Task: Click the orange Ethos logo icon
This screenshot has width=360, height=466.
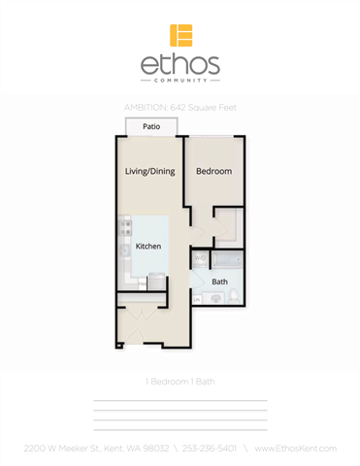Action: [x=180, y=35]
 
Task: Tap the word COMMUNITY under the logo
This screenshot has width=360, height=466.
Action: [x=180, y=82]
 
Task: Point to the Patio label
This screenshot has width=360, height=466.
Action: [x=151, y=126]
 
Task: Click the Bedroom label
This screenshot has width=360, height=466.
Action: [x=213, y=172]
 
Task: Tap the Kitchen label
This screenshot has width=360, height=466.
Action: [x=147, y=248]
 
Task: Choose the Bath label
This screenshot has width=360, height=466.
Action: [x=220, y=282]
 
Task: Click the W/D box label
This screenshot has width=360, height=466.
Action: [x=199, y=258]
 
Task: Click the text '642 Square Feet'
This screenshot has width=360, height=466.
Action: [x=205, y=107]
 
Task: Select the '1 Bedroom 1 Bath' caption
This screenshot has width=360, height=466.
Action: [x=180, y=382]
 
